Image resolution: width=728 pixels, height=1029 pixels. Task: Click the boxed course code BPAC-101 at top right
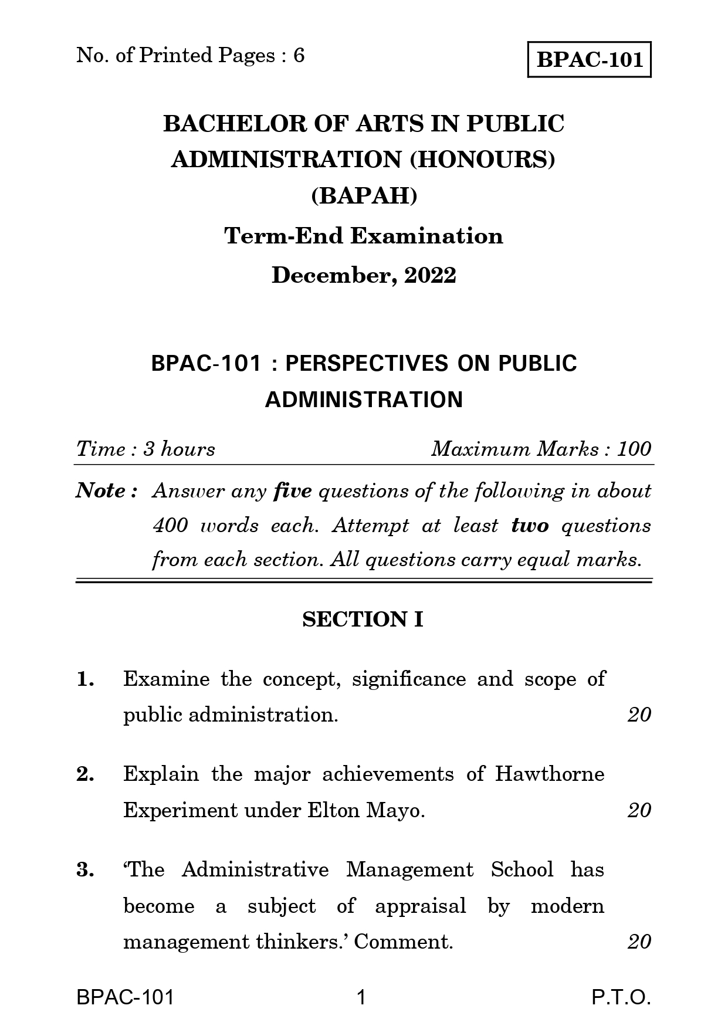(x=590, y=59)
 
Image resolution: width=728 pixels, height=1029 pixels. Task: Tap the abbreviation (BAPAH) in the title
(x=364, y=195)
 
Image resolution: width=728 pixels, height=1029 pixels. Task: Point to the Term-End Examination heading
(x=364, y=236)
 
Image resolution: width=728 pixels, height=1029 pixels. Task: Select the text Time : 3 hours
(x=145, y=449)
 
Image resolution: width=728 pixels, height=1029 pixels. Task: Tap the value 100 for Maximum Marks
(x=634, y=449)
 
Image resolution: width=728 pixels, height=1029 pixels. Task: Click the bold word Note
(x=101, y=490)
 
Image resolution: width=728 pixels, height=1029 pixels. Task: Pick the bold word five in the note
(x=293, y=490)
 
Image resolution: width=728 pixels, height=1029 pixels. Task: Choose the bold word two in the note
(x=530, y=525)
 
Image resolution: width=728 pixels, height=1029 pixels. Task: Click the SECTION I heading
(x=363, y=620)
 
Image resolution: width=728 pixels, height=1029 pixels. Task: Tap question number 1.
(x=85, y=679)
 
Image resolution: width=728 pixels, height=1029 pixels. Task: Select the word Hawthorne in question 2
(x=549, y=774)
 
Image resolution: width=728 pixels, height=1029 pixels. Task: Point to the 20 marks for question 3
(x=639, y=942)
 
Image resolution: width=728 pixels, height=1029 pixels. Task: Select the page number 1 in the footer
(x=361, y=997)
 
